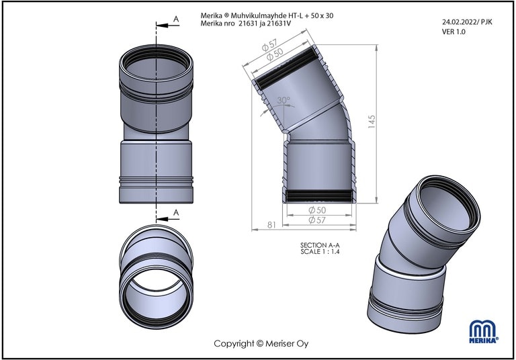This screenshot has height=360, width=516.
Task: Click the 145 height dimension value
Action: (372, 122)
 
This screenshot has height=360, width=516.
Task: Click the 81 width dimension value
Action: (271, 225)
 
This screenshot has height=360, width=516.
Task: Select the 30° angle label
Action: (284, 100)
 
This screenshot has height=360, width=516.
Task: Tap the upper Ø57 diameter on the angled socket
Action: (269, 45)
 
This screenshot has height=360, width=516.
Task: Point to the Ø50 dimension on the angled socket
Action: (275, 54)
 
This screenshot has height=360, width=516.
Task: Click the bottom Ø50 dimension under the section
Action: (317, 210)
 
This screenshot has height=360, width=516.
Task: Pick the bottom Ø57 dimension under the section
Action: (317, 220)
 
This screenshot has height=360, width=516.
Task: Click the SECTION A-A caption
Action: (320, 245)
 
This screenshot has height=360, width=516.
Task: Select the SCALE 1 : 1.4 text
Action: (320, 252)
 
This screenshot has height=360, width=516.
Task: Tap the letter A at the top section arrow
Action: (176, 19)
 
